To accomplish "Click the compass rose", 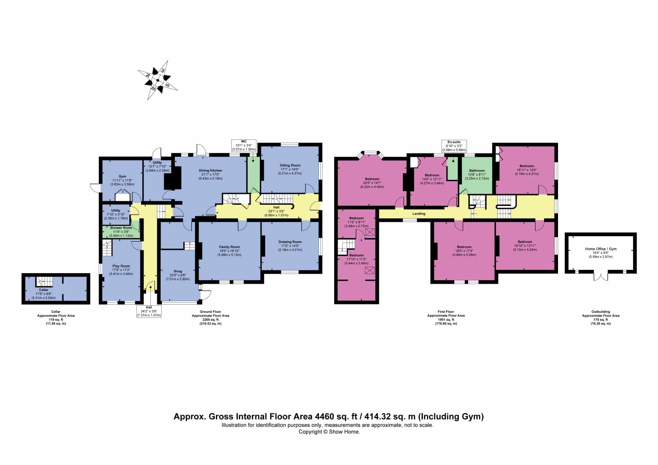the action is tap(158, 80).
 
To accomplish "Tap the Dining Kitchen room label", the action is tap(210, 170).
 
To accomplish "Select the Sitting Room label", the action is tap(290, 165).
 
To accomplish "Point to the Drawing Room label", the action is tap(290, 242).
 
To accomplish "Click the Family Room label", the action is tap(230, 247).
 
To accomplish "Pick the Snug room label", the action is tap(178, 271).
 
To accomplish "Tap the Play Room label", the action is tap(121, 266).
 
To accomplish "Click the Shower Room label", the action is tap(121, 228).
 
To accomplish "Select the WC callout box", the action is tap(244, 145).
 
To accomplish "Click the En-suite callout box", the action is tap(454, 146).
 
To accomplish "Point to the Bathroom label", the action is tap(477, 171).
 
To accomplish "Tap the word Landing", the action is tap(419, 213).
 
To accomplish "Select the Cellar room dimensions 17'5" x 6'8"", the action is tap(44, 294).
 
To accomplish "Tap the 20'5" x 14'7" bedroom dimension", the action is tap(372, 183).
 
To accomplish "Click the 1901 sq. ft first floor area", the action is tap(446, 319).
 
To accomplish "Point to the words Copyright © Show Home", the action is tap(329, 432).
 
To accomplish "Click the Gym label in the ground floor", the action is tap(122, 176).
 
